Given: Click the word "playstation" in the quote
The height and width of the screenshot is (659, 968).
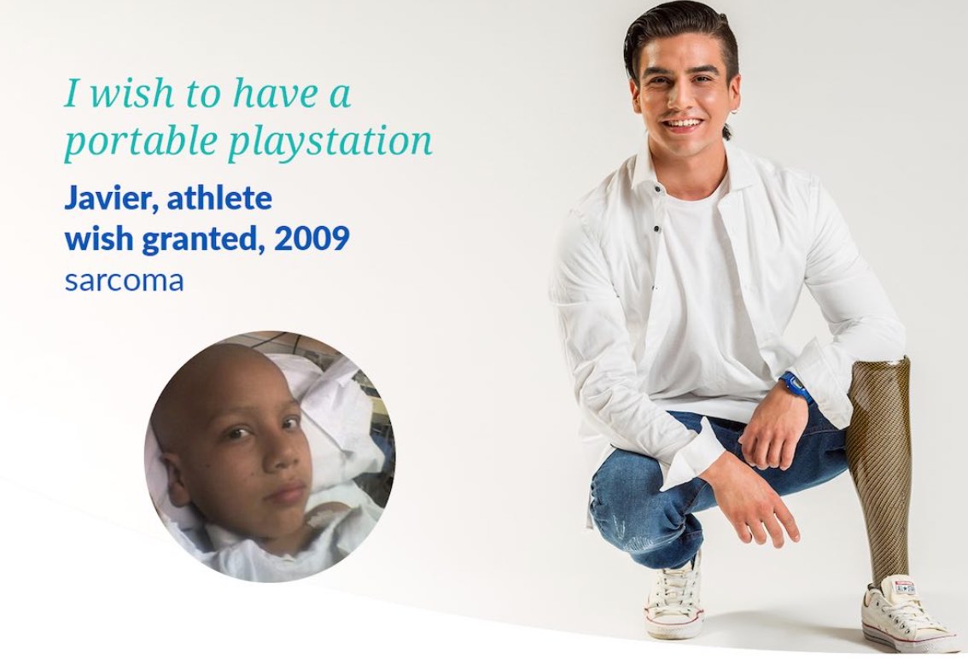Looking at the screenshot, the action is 330,142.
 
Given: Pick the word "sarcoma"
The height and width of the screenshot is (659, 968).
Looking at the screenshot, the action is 124,280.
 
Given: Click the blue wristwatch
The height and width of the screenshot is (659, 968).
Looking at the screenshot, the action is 796,388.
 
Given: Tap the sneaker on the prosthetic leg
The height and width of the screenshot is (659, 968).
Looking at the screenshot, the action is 907,615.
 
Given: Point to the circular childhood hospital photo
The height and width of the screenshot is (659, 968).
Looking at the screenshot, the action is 270,457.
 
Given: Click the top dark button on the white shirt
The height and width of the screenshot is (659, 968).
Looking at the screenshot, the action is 657,189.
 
